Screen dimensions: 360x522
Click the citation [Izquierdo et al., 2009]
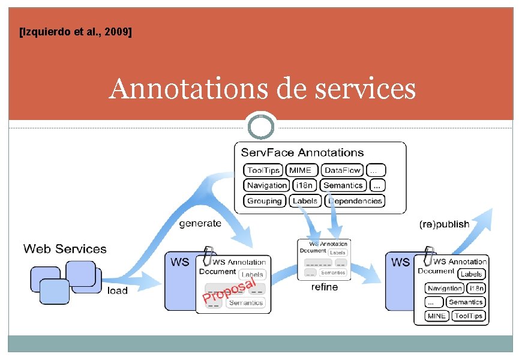(x=76, y=32)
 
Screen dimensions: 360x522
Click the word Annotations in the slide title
(x=184, y=89)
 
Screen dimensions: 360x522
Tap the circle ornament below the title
(x=261, y=127)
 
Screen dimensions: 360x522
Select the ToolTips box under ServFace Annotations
(x=263, y=170)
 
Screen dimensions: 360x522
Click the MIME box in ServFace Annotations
(x=300, y=170)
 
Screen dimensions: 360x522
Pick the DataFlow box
(x=343, y=170)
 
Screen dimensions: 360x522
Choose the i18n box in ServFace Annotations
(x=305, y=185)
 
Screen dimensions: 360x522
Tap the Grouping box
(x=265, y=201)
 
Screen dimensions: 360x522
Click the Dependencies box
(x=355, y=201)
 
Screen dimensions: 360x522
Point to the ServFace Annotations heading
(x=302, y=152)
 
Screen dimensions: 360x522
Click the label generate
(x=200, y=223)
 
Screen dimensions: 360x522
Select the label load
(x=118, y=290)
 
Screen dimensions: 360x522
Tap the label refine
(x=325, y=287)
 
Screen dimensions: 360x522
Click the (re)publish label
(x=444, y=224)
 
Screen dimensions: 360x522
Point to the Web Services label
(x=65, y=248)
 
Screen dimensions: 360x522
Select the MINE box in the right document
(x=436, y=316)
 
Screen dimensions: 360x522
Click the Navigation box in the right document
(x=445, y=289)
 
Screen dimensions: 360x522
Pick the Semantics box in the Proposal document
(x=245, y=303)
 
